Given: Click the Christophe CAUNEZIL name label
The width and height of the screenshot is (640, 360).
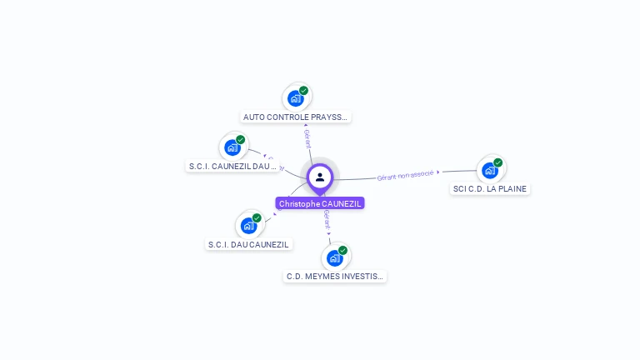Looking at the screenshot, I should [320, 203].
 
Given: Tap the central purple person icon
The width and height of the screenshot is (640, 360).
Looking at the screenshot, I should [320, 177].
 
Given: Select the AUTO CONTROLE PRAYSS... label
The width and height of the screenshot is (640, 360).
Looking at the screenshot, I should [295, 117].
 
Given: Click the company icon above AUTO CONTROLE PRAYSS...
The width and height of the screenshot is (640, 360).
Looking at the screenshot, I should [295, 98].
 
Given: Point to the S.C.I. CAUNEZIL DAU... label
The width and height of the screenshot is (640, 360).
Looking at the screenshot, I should [232, 166].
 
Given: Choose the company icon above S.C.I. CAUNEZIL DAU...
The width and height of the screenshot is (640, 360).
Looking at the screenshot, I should [232, 147].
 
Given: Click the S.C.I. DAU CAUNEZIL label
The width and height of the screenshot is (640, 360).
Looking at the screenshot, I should [248, 244].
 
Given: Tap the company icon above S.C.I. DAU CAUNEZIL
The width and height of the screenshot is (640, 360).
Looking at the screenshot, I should [248, 225].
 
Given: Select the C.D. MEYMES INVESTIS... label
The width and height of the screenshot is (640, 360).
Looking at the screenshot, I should [335, 276].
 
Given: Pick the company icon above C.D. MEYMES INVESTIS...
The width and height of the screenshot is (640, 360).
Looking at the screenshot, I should [334, 257].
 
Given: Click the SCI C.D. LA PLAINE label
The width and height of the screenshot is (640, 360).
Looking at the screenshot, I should [490, 188].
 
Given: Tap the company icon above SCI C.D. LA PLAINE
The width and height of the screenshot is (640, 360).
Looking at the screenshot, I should [489, 170].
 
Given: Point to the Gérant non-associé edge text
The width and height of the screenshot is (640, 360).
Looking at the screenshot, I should [405, 176].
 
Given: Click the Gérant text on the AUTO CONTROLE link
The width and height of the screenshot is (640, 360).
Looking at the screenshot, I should [307, 139].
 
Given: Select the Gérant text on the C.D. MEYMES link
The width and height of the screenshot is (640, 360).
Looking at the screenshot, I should [327, 221].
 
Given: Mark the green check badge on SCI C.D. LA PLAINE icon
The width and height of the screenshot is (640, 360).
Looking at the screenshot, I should [497, 162].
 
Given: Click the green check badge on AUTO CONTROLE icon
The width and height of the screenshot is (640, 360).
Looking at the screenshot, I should [303, 91].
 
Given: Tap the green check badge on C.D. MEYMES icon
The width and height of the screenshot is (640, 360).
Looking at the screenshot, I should [342, 250].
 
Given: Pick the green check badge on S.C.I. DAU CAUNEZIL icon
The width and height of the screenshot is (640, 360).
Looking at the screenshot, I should [257, 217].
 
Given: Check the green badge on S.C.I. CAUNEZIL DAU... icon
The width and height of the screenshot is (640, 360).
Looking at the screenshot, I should [241, 140].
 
